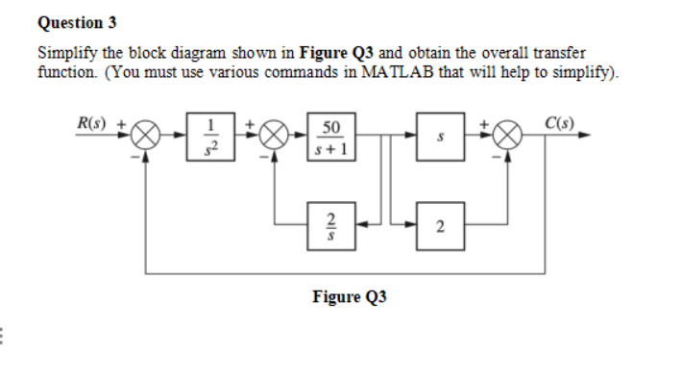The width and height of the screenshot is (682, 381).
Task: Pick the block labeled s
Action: [x=438, y=136]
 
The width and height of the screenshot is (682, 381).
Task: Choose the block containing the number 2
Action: [x=438, y=226]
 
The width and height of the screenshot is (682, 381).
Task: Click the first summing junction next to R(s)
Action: [x=145, y=137]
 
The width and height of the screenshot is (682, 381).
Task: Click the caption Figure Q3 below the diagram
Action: [x=349, y=297]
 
